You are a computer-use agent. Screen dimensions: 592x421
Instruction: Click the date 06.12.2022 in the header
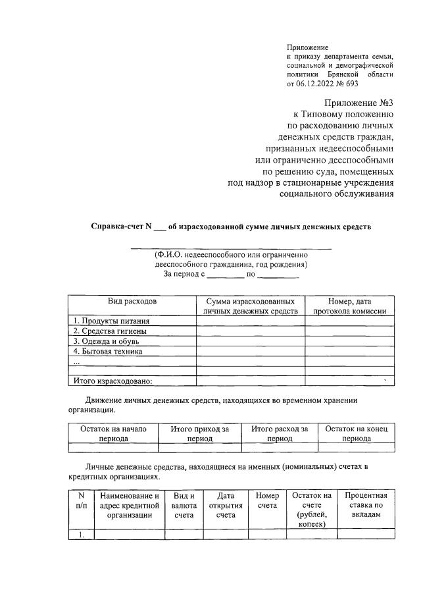pos(318,84)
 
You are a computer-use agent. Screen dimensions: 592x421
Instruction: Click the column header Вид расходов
pos(132,301)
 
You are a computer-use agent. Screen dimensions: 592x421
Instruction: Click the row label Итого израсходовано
pos(112,381)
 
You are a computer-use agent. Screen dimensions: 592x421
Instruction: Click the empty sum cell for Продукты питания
pos(250,321)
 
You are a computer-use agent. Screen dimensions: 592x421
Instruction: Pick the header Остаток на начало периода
pos(113,433)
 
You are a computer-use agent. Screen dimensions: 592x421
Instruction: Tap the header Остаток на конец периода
pos(357,433)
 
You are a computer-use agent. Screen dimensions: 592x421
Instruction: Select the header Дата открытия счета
pos(225,505)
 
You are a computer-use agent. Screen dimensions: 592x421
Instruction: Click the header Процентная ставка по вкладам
pos(366,505)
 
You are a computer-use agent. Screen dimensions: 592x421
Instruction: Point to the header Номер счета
pos(266,500)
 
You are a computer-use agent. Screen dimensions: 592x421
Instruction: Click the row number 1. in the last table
pos(82,535)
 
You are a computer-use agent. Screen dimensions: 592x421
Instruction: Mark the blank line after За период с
pos(226,277)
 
